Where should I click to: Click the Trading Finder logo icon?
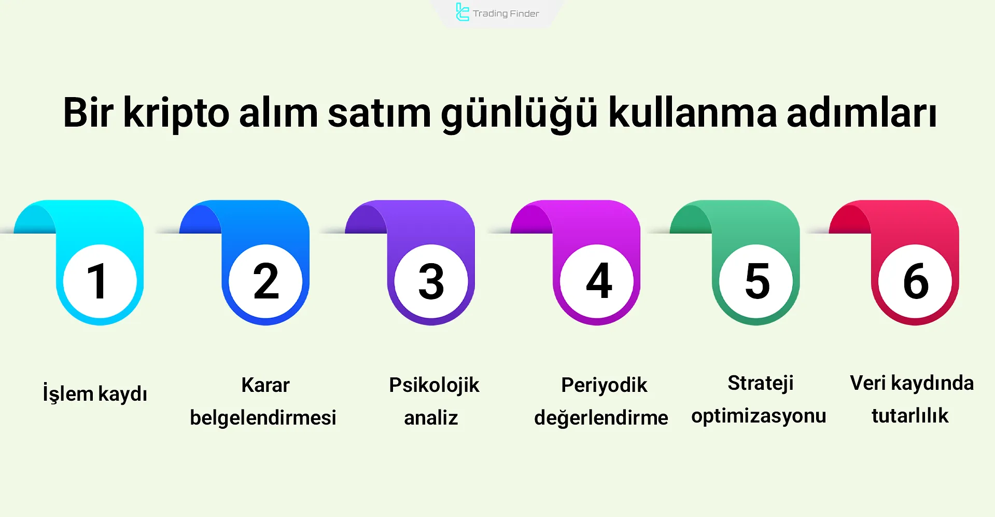[x=461, y=12]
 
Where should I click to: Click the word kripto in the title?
[x=176, y=113]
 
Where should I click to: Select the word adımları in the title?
[x=862, y=113]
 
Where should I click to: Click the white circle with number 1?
[x=100, y=281]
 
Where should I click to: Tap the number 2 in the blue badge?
[x=266, y=281]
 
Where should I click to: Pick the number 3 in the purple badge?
[x=431, y=281]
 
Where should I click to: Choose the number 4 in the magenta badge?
[x=598, y=281]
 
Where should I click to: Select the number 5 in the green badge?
[x=756, y=281]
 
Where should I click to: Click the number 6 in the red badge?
[x=915, y=281]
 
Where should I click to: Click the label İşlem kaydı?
[x=95, y=393]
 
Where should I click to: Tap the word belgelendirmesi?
[x=263, y=417]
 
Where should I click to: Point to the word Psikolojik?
[x=434, y=385]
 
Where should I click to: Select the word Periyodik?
[x=604, y=385]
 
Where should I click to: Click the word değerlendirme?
[x=601, y=417]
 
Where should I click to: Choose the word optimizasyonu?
[x=759, y=416]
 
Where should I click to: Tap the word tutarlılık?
[x=910, y=415]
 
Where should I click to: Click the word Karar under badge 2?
[x=265, y=385]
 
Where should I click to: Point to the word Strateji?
[x=761, y=383]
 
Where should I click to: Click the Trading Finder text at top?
[x=506, y=13]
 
